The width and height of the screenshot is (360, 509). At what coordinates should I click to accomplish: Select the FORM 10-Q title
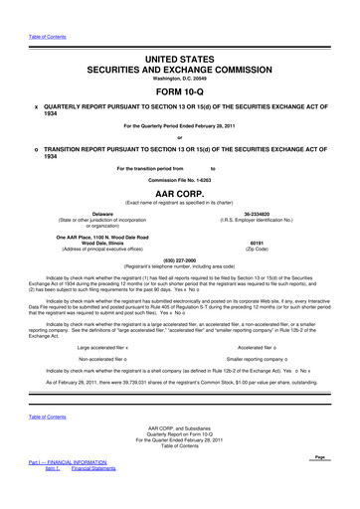point(180,95)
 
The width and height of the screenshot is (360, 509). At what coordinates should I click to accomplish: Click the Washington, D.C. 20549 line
point(180,81)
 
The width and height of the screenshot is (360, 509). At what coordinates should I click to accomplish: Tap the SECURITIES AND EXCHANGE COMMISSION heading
point(180,71)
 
